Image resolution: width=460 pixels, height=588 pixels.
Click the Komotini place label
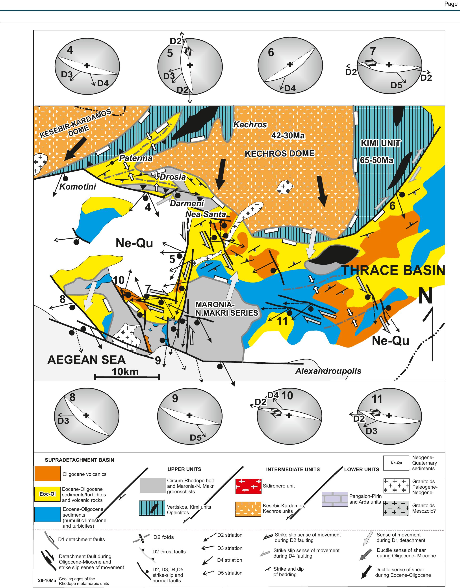(x=77, y=186)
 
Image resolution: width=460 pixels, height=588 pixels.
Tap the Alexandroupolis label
(x=328, y=371)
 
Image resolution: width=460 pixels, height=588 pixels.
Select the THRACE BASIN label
(x=393, y=270)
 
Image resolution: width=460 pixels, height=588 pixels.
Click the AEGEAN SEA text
(x=86, y=360)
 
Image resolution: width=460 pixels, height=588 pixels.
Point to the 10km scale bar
(x=127, y=377)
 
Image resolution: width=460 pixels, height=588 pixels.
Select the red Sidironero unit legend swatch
(x=248, y=486)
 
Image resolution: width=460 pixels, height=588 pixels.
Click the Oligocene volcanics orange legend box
(x=47, y=474)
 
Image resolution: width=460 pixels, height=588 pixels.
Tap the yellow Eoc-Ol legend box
(x=47, y=494)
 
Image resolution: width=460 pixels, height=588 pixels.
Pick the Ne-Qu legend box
(x=396, y=463)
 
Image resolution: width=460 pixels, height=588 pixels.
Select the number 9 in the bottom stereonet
(x=175, y=398)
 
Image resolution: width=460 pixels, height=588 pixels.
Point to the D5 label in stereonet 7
(x=396, y=85)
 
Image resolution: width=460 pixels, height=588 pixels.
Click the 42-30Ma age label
(x=288, y=136)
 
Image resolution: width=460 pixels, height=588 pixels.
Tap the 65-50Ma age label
(x=377, y=160)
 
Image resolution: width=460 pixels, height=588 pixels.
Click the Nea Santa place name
(x=206, y=214)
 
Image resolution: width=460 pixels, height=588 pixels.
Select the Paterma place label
(x=136, y=158)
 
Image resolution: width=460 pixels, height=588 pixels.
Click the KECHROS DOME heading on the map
(x=279, y=154)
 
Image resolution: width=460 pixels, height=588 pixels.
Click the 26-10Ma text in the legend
(x=47, y=581)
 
